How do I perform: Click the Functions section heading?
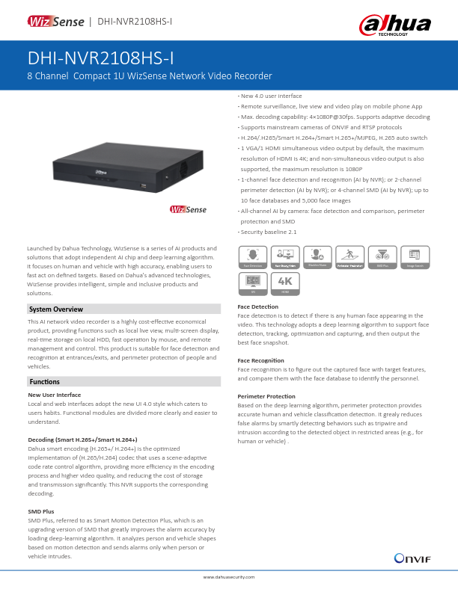[44, 381]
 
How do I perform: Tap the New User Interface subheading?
[54, 394]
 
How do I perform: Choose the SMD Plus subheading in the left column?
[40, 511]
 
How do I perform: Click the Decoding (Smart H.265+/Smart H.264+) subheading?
[82, 439]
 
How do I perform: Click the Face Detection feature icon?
[251, 257]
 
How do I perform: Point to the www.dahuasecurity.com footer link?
[229, 577]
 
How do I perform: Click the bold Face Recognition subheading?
[260, 360]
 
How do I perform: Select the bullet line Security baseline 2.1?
[268, 232]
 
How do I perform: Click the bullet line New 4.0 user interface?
[270, 96]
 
